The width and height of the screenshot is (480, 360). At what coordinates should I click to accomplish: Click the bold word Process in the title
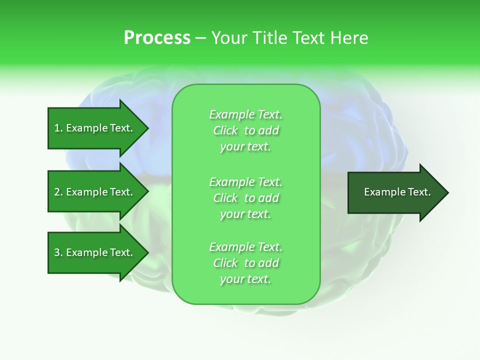pyautogui.click(x=157, y=38)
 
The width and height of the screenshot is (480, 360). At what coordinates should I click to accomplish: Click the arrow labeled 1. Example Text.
pyautogui.click(x=93, y=128)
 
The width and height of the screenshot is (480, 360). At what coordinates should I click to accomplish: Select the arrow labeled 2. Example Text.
pyautogui.click(x=93, y=192)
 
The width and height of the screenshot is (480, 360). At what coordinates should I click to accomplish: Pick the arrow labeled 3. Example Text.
pyautogui.click(x=93, y=252)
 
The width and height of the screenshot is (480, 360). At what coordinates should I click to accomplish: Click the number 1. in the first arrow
pyautogui.click(x=58, y=128)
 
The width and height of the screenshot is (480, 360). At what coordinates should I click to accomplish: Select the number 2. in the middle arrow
pyautogui.click(x=58, y=192)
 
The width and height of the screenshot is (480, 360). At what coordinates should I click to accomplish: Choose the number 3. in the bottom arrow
pyautogui.click(x=58, y=252)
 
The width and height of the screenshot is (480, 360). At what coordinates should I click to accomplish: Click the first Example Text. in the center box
pyautogui.click(x=245, y=115)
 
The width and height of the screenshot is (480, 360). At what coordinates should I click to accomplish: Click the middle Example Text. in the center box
pyautogui.click(x=245, y=182)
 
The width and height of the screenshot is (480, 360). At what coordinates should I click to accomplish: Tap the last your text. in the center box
pyautogui.click(x=245, y=279)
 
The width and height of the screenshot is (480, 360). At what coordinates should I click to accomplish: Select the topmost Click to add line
pyautogui.click(x=245, y=131)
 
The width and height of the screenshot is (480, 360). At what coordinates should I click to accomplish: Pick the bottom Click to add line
pyautogui.click(x=245, y=263)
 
